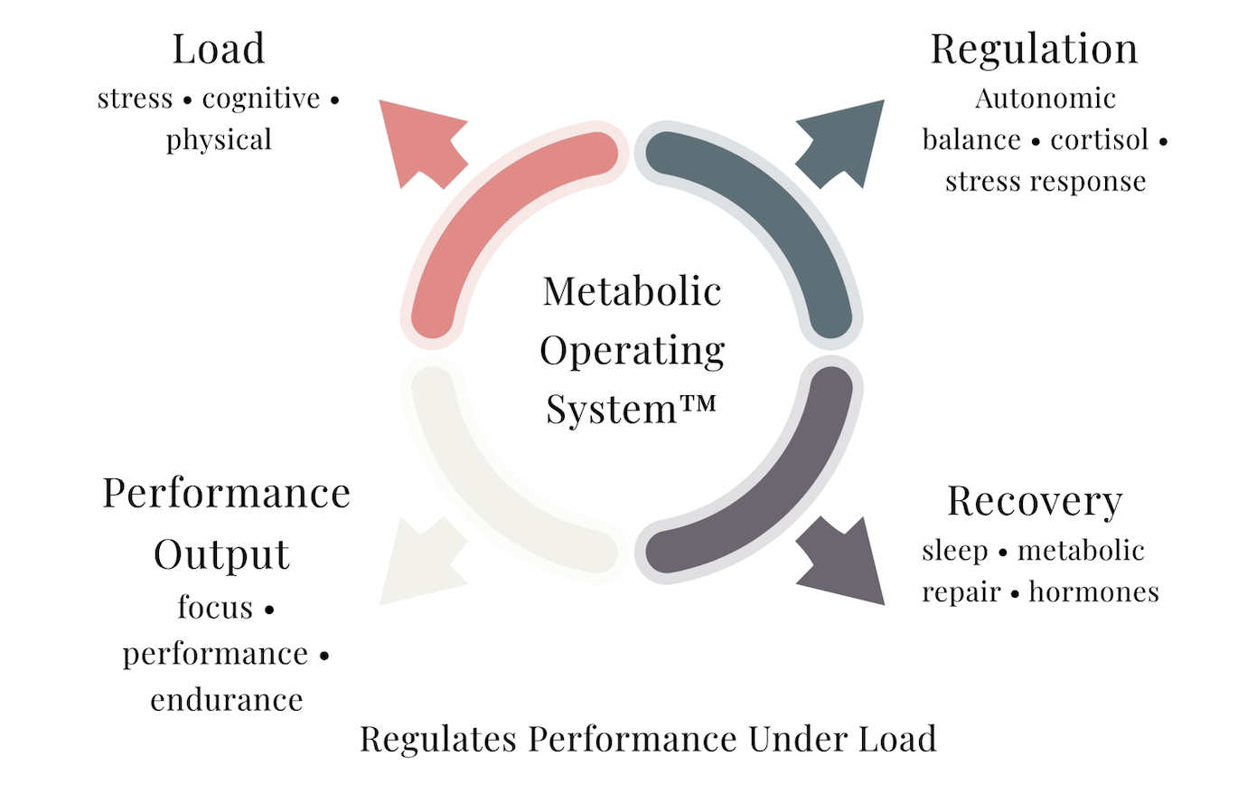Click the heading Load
(219, 49)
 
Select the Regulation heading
(1034, 49)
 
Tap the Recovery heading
(1035, 501)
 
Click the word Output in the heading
(221, 554)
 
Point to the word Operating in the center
(632, 351)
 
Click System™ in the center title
(631, 409)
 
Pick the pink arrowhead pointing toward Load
(417, 140)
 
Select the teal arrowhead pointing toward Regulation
(845, 140)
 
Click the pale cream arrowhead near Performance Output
(417, 562)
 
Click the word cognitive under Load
(261, 99)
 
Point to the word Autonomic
(1045, 99)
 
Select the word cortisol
(1100, 140)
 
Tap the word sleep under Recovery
(954, 551)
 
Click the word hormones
(1093, 592)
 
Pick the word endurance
(227, 700)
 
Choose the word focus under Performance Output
(215, 608)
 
